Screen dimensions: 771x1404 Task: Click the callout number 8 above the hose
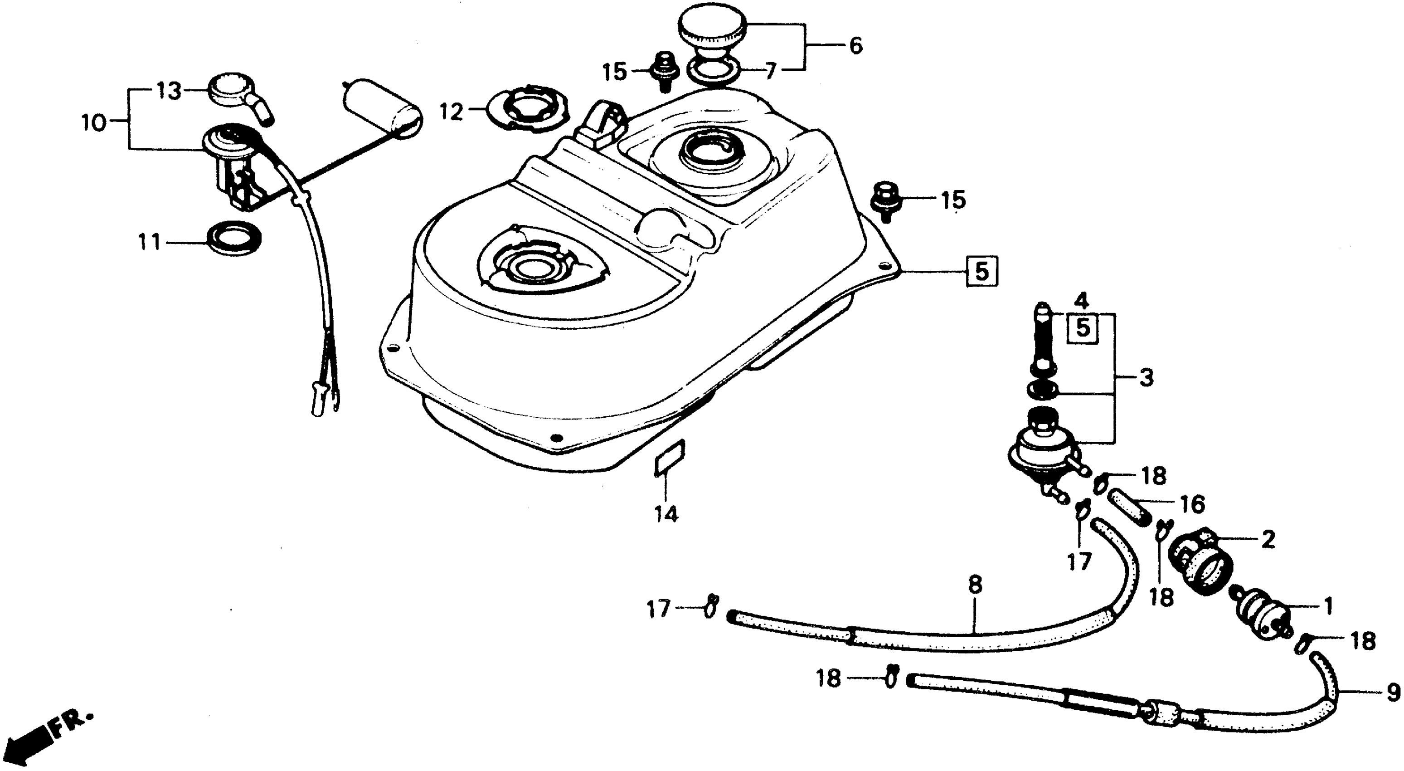(975, 585)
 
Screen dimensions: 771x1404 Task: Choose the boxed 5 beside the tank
(981, 271)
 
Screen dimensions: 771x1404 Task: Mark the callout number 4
(1081, 300)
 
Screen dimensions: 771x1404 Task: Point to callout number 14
(666, 514)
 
